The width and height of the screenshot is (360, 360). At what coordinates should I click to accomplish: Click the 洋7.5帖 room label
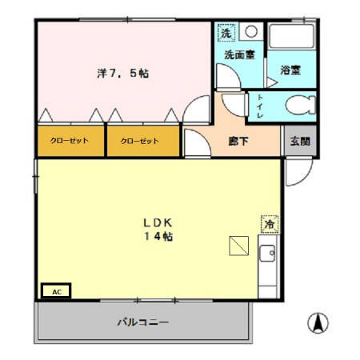[122, 74]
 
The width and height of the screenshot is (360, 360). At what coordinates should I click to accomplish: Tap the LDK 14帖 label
[159, 229]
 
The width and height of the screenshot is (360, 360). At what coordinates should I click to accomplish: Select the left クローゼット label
[70, 142]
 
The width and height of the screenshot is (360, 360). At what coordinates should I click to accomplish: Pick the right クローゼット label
[140, 142]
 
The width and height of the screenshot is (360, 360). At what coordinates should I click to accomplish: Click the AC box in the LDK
[56, 291]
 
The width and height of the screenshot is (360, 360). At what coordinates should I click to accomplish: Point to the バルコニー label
[143, 322]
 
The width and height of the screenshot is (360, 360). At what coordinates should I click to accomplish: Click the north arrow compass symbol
[318, 323]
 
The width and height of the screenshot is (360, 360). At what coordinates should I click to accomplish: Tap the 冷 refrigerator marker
[269, 225]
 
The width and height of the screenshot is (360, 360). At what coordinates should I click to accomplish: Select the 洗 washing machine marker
[226, 34]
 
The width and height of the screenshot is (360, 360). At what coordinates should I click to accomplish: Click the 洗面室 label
[239, 55]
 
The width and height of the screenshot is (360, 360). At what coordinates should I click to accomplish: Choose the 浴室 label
[290, 70]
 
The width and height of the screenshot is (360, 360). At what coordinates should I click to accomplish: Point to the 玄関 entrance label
[300, 142]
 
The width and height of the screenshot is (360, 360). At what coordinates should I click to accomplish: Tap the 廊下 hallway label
[238, 141]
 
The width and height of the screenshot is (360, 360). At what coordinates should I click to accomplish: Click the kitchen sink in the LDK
[266, 257]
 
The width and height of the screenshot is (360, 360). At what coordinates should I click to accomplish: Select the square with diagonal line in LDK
[238, 246]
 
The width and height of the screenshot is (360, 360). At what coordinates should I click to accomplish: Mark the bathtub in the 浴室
[291, 38]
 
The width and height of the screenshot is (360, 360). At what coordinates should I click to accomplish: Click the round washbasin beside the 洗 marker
[250, 33]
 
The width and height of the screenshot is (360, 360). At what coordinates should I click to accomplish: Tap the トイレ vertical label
[261, 106]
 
